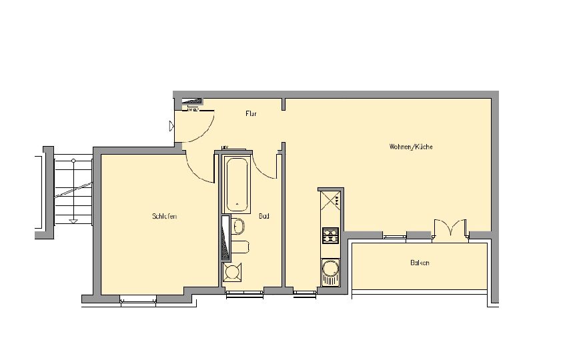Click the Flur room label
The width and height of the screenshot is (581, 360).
[x=251, y=113]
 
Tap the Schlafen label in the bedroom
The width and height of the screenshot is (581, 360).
[x=164, y=216]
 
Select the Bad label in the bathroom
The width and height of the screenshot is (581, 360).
[x=264, y=216]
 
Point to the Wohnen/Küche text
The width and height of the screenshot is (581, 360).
[x=411, y=147]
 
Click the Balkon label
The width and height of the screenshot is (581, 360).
[x=420, y=263]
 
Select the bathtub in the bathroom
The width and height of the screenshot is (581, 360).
[x=237, y=185]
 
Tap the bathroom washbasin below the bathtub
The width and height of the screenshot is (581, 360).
[x=238, y=226]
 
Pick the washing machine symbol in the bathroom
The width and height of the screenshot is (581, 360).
[x=233, y=272]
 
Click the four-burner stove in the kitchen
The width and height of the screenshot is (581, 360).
[x=330, y=235]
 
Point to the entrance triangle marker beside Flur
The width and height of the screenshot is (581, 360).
[x=171, y=126]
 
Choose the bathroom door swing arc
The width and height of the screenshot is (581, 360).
[x=264, y=166]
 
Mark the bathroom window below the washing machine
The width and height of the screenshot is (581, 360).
[x=245, y=293]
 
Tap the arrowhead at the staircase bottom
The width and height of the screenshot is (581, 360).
[x=73, y=221]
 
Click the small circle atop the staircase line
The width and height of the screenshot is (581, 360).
[x=73, y=161]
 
